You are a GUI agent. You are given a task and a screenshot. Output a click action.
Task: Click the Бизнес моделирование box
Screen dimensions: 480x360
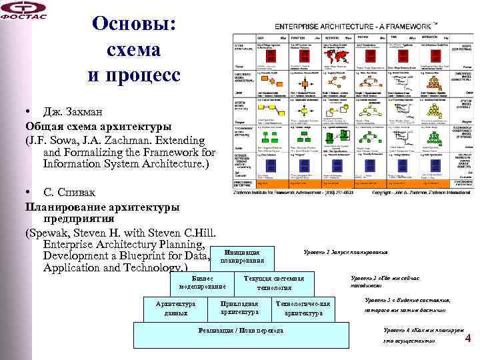pyautogui.click(x=198, y=281)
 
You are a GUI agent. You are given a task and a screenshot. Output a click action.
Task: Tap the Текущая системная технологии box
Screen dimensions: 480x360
pyautogui.click(x=274, y=282)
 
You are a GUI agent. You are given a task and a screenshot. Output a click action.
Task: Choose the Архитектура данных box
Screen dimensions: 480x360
pyautogui.click(x=175, y=307)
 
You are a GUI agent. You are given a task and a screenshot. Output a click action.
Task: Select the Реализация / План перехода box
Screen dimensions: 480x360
pyautogui.click(x=241, y=331)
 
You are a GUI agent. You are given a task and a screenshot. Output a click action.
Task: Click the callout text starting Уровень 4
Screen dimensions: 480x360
pyautogui.click(x=424, y=335)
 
